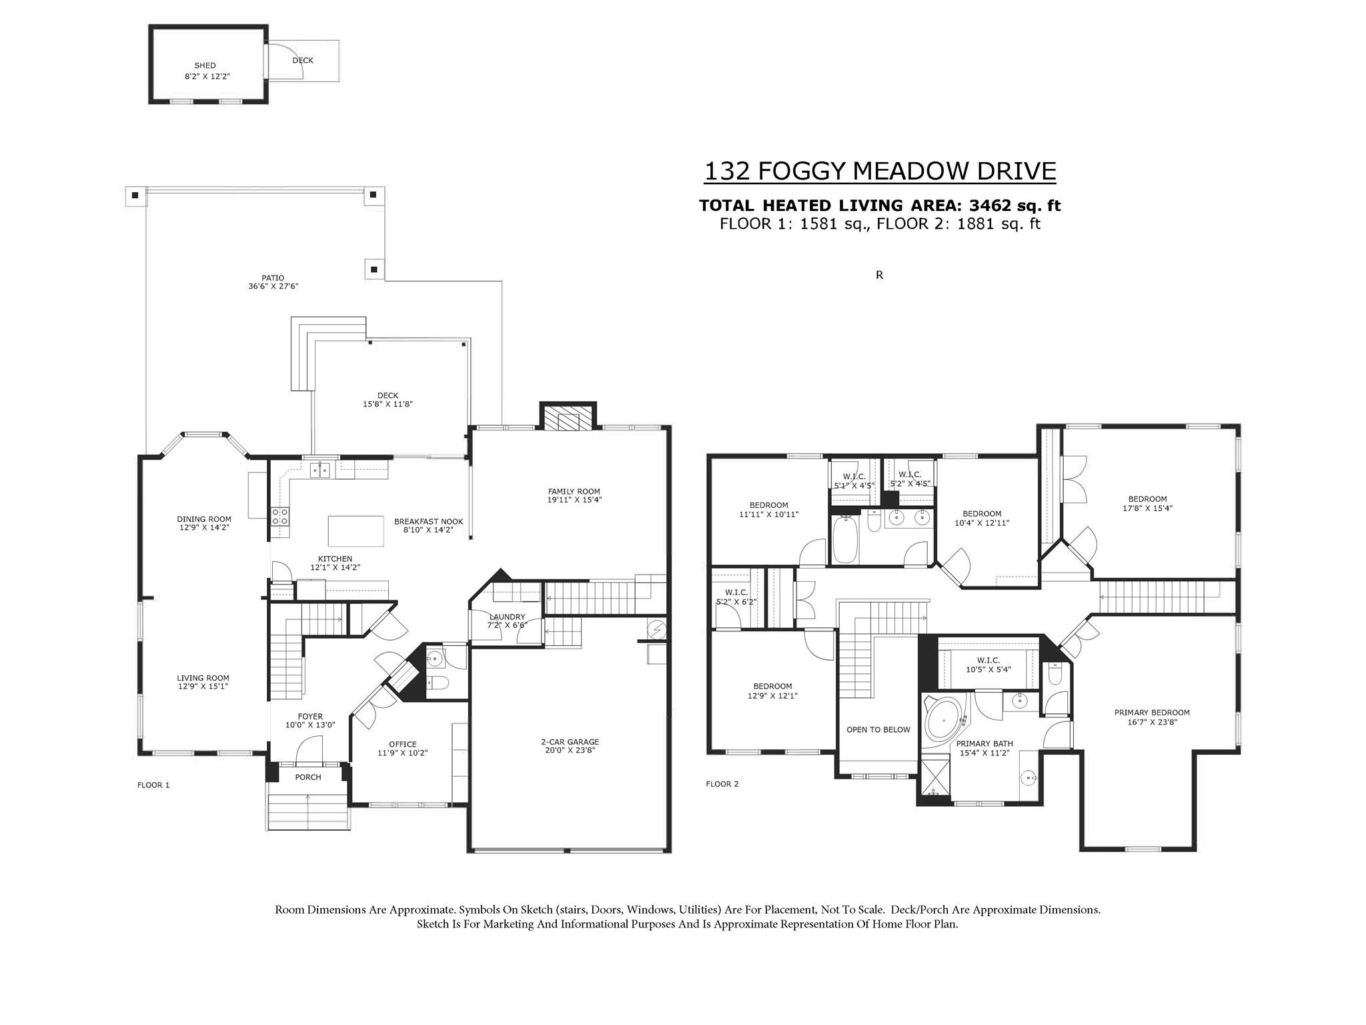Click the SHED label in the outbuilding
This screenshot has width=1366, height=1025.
click(x=205, y=65)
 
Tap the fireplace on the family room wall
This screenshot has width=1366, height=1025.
click(x=567, y=418)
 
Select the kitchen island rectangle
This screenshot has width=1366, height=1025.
click(x=356, y=531)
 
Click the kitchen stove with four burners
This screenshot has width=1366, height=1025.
click(x=280, y=518)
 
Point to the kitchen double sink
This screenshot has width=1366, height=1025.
click(x=320, y=470)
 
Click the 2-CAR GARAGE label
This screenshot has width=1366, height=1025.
click(x=570, y=741)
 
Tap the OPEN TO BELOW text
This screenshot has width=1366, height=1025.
click(x=878, y=729)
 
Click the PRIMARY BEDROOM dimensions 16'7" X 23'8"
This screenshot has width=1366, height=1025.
click(x=1152, y=721)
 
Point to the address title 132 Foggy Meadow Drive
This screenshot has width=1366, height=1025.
click(x=880, y=172)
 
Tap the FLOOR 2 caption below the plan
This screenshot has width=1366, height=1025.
click(x=722, y=784)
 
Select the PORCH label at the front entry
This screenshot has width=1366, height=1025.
click(x=308, y=777)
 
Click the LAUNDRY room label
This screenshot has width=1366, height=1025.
click(x=507, y=617)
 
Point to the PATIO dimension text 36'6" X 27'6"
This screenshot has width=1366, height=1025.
click(x=273, y=286)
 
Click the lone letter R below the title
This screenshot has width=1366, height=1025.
click(x=879, y=275)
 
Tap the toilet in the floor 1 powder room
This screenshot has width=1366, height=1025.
click(x=438, y=683)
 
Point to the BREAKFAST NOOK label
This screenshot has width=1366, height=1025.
click(x=428, y=522)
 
